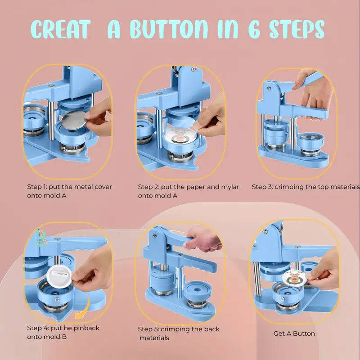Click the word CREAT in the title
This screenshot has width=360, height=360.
pos(61,29)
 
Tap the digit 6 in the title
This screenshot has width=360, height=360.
pos(254,29)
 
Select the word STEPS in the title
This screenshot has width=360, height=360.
pos(297,29)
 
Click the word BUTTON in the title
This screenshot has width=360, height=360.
pos(169,29)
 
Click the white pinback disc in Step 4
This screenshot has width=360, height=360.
pos(60,276)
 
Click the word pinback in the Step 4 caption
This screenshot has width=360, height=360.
pos(86,328)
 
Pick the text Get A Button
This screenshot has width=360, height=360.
pos(294,333)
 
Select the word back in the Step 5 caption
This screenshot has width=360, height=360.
pos(211,329)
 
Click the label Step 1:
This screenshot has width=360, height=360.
pos(37,187)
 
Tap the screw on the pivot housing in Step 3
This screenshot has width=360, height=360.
pos(269,88)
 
